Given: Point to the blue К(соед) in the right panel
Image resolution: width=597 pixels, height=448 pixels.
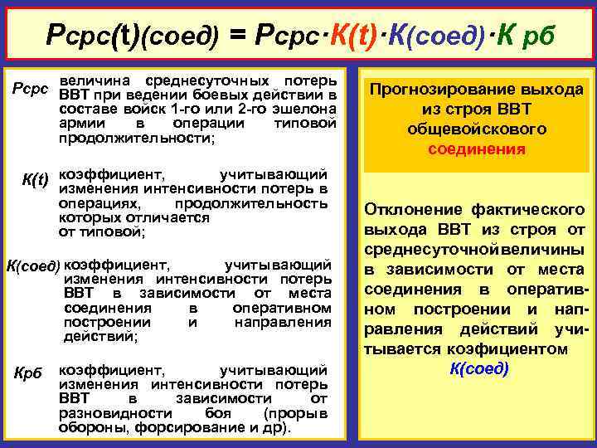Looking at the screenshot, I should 478,368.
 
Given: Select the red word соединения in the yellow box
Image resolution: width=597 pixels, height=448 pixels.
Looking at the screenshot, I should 477,149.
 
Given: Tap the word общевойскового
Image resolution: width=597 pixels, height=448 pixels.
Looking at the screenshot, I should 477,129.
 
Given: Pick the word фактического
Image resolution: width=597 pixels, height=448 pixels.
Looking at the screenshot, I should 532,209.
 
